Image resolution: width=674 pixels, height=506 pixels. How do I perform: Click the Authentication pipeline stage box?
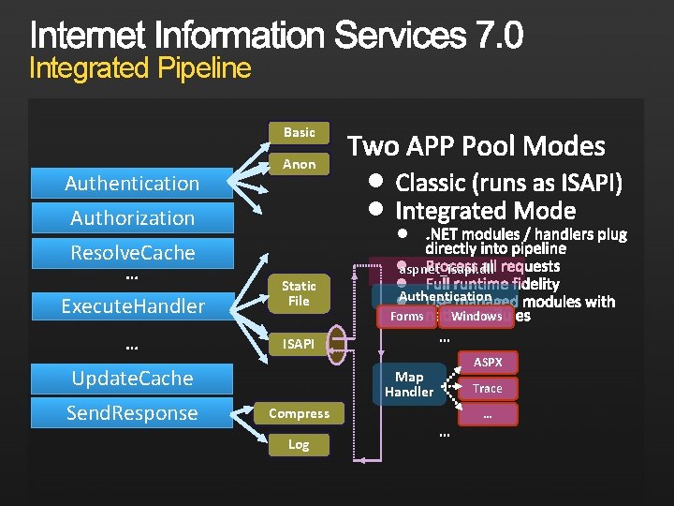132,184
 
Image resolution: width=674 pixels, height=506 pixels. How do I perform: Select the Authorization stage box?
132,218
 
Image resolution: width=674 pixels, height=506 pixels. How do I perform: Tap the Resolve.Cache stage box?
132,253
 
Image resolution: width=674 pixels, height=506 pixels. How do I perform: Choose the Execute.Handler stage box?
132,305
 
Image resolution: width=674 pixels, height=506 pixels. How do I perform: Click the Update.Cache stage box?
132,379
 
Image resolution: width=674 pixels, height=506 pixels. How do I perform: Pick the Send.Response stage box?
132,413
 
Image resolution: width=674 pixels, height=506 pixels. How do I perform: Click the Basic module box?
300,132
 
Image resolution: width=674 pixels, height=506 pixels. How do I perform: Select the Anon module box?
300,164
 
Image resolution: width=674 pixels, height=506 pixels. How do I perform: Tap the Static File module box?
300,293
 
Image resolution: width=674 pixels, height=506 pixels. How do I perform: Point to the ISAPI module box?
300,344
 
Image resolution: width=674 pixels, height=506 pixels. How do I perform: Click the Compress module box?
300,413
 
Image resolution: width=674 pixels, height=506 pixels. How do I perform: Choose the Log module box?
300,444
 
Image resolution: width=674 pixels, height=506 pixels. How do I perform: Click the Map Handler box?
409,384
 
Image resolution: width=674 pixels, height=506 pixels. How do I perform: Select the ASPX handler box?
488,362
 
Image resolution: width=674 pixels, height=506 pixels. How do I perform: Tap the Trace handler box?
488,388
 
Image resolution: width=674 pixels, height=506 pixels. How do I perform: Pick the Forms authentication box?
407,317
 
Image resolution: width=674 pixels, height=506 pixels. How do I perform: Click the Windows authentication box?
477,317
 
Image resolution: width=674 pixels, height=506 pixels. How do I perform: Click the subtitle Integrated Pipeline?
140,68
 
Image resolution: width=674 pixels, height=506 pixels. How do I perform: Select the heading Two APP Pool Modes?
476,146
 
